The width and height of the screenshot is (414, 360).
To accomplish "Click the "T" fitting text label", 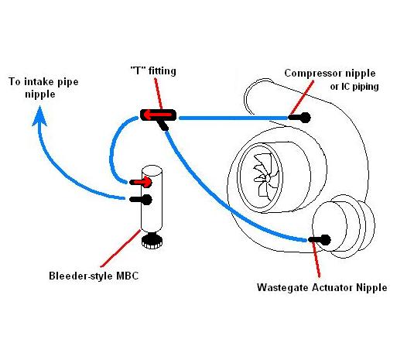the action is [x=153, y=70].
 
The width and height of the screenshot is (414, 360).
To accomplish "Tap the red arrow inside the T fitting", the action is [x=158, y=115].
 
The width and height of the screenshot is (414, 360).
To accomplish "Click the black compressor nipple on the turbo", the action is [x=299, y=118].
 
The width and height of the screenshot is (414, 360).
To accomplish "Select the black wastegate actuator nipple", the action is [x=320, y=240].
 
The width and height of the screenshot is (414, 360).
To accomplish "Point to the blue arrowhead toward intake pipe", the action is [x=39, y=116].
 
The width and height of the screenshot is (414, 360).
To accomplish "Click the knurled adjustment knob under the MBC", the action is [x=152, y=241].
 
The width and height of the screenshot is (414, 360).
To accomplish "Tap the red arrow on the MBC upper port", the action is [x=142, y=182].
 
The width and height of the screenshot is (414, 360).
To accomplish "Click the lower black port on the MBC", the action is [x=141, y=200].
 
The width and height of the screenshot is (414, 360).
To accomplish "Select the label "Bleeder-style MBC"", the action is [x=94, y=276].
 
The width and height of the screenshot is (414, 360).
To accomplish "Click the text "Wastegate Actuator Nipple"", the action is [x=322, y=287].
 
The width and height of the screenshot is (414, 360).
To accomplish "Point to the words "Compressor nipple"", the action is [x=330, y=74].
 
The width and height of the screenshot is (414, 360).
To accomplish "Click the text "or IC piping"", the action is [x=354, y=87].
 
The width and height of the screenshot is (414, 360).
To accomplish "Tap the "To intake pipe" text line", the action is [x=43, y=81].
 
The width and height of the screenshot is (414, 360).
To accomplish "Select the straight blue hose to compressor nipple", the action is [x=234, y=118].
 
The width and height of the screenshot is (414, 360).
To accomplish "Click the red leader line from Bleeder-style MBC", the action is [x=121, y=249].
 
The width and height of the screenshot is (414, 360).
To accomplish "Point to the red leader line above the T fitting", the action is [x=158, y=94].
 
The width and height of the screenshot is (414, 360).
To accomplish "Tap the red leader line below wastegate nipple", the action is [x=316, y=259].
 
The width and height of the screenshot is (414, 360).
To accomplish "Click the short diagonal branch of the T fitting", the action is [x=163, y=125].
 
